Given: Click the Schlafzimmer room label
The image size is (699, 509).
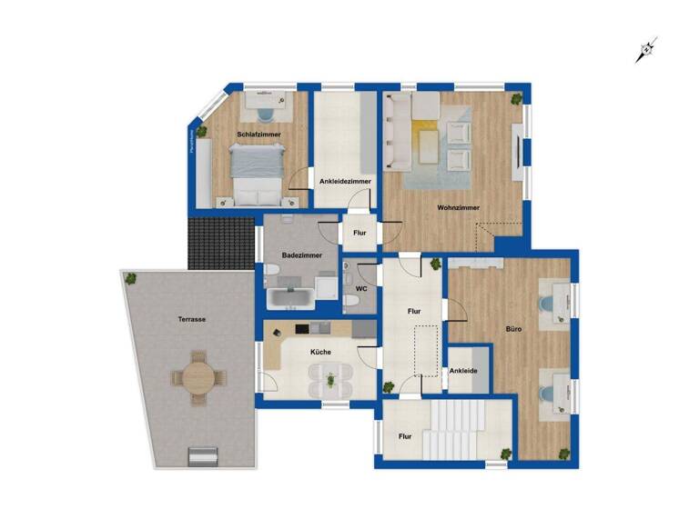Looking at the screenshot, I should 258,135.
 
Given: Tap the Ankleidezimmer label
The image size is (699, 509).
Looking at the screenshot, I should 345,182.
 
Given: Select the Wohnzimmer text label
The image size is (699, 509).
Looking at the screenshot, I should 458,208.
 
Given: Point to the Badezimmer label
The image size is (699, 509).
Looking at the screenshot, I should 299,255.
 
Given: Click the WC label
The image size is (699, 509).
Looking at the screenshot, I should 361,289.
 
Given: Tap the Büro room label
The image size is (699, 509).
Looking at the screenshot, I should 513,327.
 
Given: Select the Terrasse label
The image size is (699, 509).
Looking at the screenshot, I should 191,320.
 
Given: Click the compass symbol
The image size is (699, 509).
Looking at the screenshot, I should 646,51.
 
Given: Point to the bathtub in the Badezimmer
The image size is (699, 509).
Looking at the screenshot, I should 290,297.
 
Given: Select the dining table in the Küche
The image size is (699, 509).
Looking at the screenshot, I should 329,374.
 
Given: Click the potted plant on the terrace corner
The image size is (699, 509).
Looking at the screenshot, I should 133,278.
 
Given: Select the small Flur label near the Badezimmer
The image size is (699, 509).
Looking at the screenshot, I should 360,233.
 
